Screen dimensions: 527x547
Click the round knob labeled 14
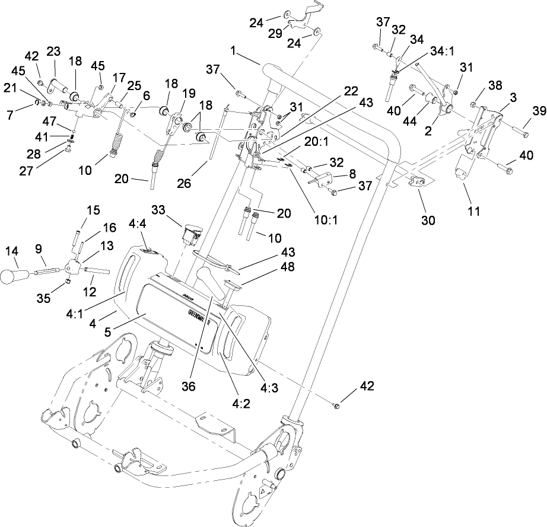pyautogui.click(x=13, y=276)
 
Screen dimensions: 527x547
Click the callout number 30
pyautogui.click(x=428, y=220)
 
